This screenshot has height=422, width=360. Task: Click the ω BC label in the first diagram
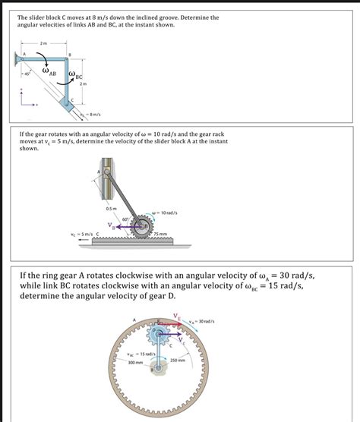click(x=76, y=74)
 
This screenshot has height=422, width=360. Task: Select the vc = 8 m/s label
click(x=92, y=115)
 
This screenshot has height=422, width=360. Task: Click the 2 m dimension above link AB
click(x=45, y=44)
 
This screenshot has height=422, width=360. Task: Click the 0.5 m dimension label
click(x=112, y=208)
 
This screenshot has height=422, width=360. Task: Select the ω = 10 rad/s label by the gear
click(x=165, y=213)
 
